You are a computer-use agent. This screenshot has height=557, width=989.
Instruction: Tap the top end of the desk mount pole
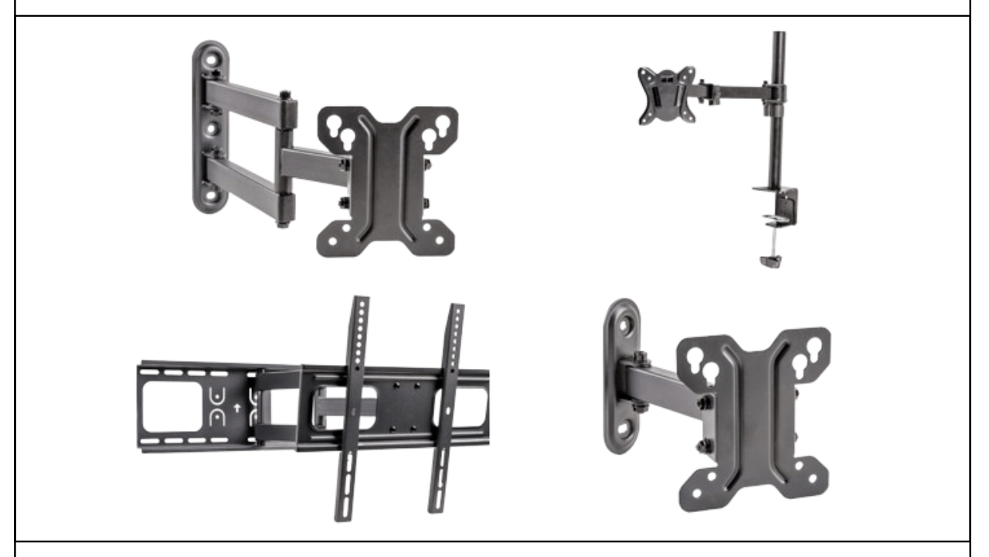[778, 36]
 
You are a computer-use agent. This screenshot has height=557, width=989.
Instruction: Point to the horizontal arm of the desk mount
[738, 91]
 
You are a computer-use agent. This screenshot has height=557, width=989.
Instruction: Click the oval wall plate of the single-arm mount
[623, 375]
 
